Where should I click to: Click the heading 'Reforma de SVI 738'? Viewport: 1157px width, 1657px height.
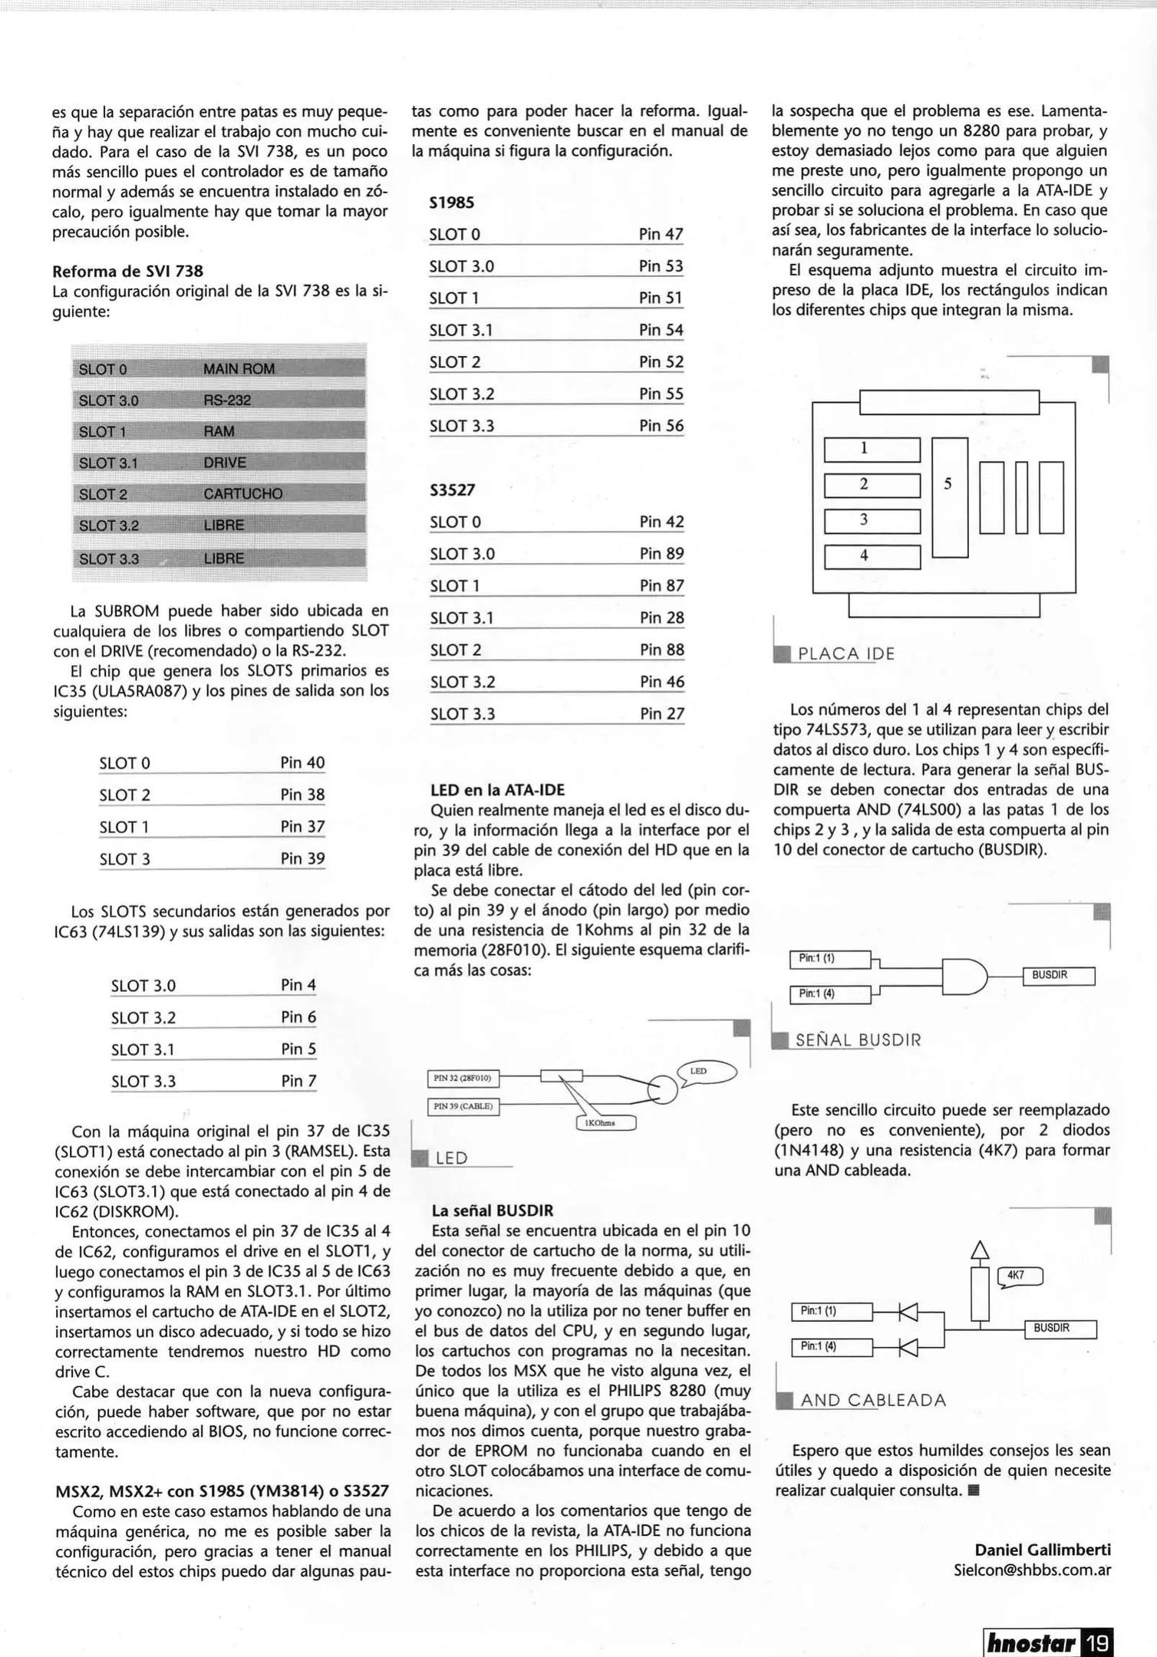[127, 272]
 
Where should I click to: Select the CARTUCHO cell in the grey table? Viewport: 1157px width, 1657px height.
[242, 494]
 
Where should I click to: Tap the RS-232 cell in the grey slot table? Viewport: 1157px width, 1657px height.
[227, 400]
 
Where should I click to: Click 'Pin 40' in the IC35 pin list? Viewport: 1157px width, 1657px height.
[302, 763]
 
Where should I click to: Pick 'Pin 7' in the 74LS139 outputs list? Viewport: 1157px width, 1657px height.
[298, 1081]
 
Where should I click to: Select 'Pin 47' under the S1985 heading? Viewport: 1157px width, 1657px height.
[661, 234]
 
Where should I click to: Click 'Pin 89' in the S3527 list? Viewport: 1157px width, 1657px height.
[661, 554]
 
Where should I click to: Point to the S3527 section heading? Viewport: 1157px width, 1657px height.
[453, 489]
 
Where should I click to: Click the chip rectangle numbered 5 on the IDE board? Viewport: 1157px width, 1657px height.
[949, 497]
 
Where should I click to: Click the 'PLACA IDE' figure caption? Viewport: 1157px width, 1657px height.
[845, 654]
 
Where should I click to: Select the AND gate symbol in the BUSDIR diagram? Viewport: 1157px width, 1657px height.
[964, 977]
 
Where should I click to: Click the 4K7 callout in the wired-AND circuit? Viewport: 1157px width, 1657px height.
[1020, 1276]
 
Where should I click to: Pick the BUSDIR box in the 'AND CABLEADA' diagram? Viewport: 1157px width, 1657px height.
[1060, 1329]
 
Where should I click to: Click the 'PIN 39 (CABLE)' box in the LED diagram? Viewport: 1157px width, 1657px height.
[463, 1106]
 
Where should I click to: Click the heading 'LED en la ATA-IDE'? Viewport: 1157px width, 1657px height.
[497, 790]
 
